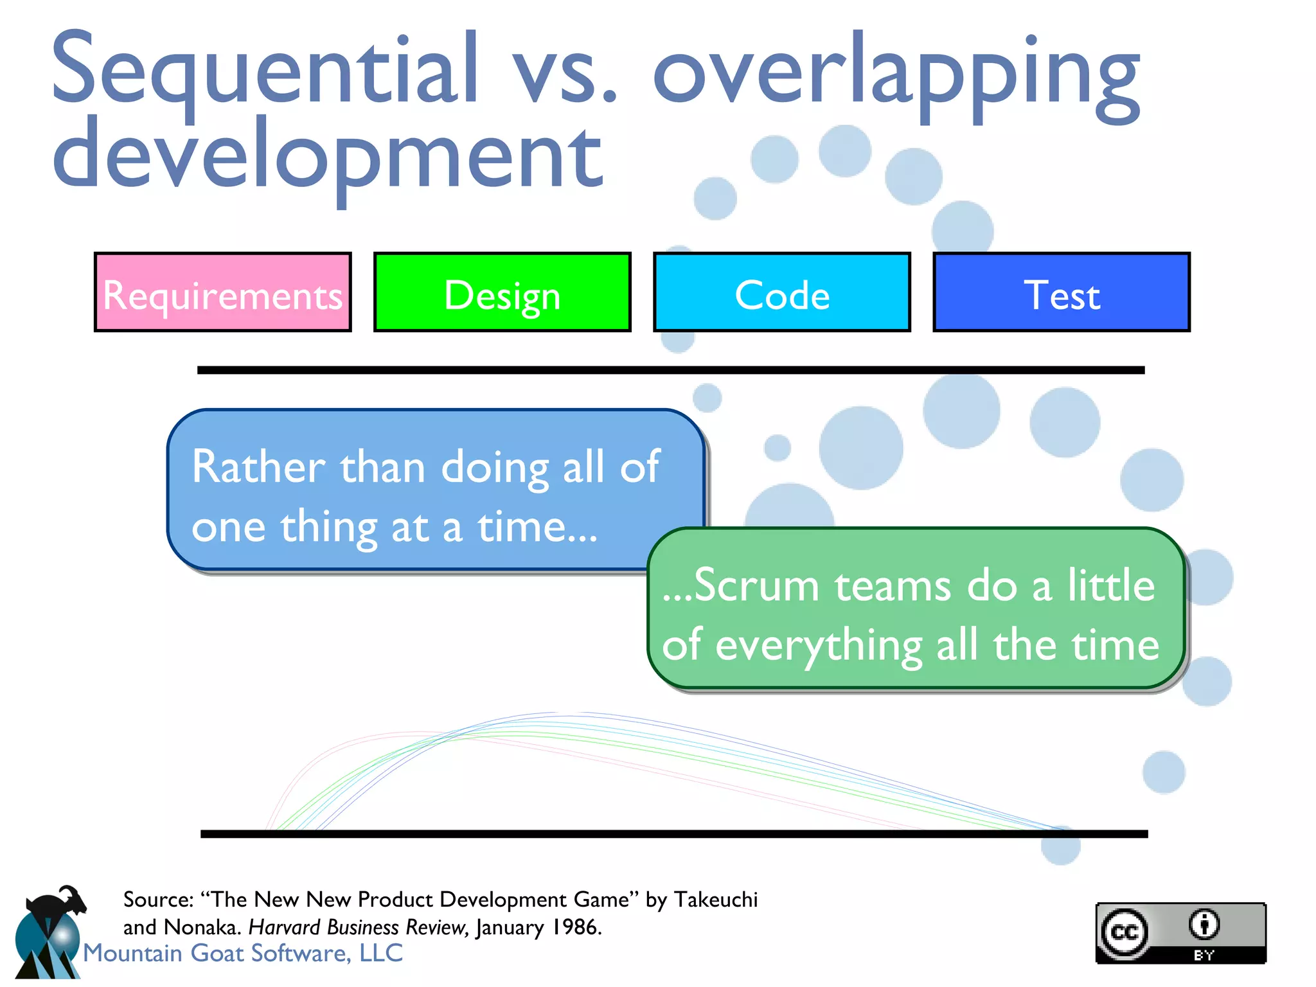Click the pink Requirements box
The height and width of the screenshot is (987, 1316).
(x=222, y=293)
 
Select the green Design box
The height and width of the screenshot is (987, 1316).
(x=502, y=293)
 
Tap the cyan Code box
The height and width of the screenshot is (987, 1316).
(x=781, y=293)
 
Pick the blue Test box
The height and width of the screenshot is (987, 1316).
(x=1061, y=293)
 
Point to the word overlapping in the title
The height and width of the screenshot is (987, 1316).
(x=896, y=74)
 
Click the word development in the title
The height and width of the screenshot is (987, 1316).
(x=328, y=157)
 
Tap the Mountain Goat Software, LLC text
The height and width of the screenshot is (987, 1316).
(x=243, y=953)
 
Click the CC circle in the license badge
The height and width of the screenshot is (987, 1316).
(x=1124, y=932)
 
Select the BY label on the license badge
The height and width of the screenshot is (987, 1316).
(x=1204, y=955)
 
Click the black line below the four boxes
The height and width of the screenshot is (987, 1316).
(x=671, y=370)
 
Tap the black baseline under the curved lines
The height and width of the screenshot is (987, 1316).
(x=673, y=833)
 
